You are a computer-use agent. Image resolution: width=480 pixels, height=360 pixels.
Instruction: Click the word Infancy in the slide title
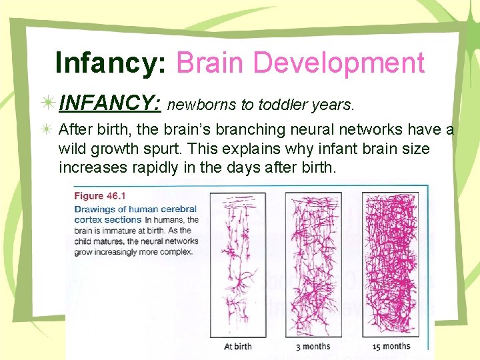pyautogui.click(x=111, y=63)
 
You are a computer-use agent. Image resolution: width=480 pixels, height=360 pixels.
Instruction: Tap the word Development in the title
pyautogui.click(x=339, y=63)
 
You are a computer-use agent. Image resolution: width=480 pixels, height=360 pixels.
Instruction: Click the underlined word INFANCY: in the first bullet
pyautogui.click(x=109, y=104)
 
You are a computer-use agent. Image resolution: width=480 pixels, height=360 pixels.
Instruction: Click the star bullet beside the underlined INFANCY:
pyautogui.click(x=48, y=104)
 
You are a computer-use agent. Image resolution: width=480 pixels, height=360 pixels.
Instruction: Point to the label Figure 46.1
pyautogui.click(x=98, y=196)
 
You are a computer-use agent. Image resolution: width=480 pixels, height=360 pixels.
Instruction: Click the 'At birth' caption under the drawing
pyautogui.click(x=237, y=346)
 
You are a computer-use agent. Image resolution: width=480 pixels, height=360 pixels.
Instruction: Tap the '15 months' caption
pyautogui.click(x=392, y=346)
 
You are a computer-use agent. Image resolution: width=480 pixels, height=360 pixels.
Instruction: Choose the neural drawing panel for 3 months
pyautogui.click(x=313, y=266)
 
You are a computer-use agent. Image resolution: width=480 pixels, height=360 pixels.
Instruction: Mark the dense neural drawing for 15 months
pyautogui.click(x=391, y=266)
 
